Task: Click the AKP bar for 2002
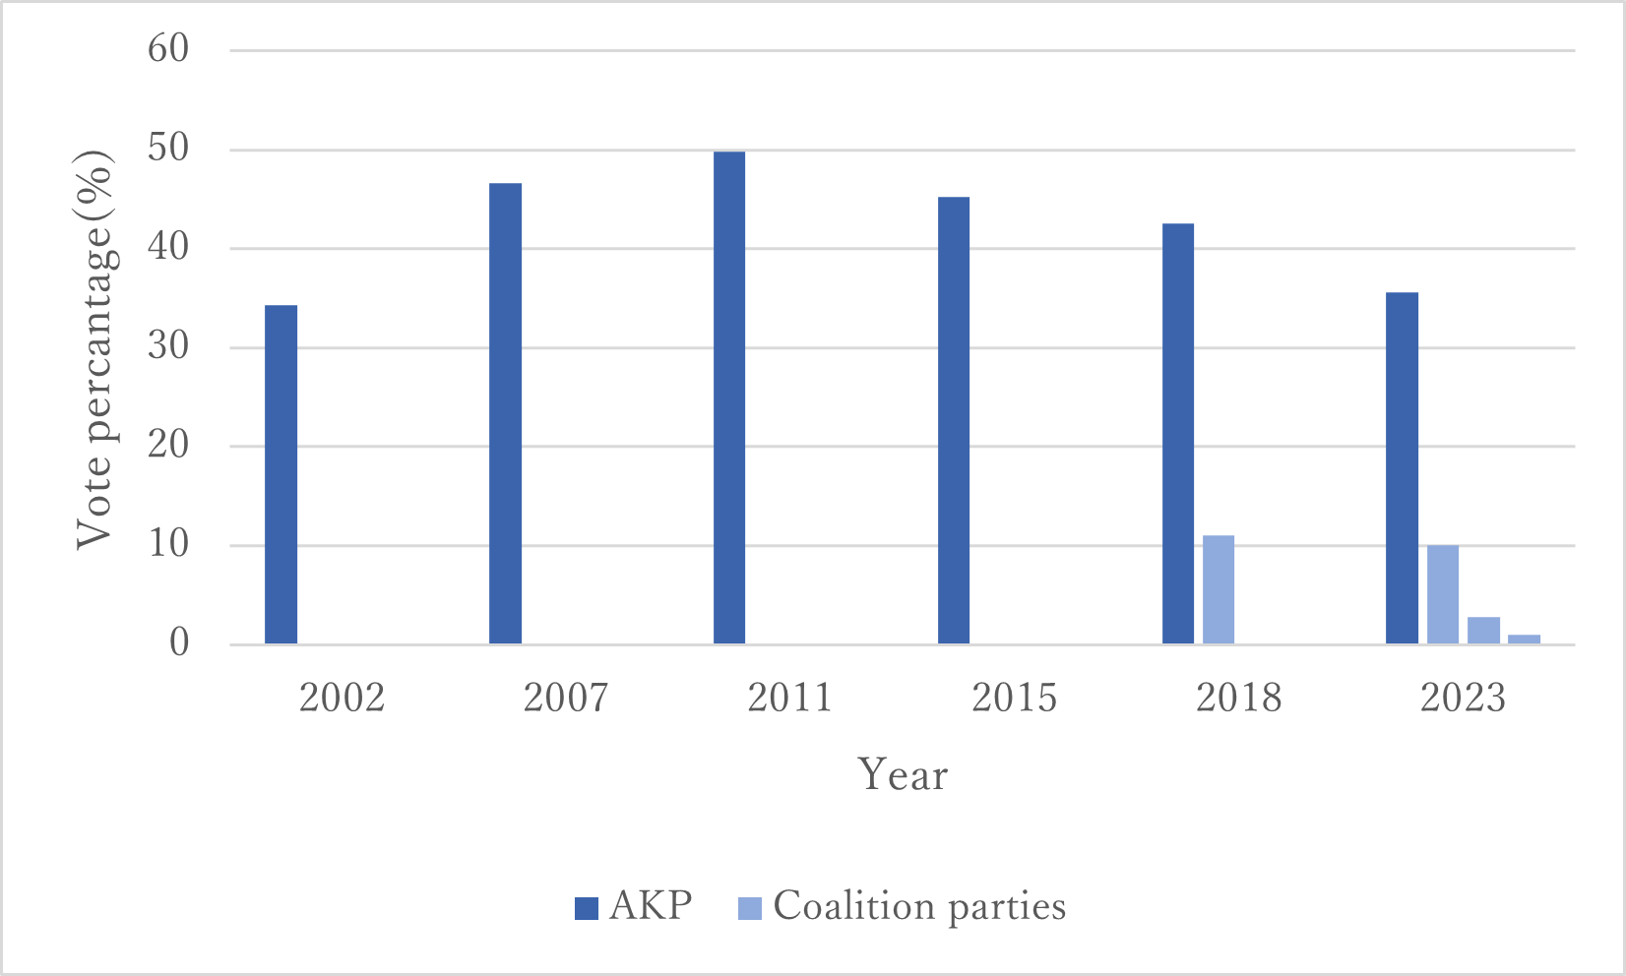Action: [281, 474]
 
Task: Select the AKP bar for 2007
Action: [506, 413]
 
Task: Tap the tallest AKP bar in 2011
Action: [729, 397]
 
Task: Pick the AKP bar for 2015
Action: [954, 420]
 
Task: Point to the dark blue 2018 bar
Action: [1178, 434]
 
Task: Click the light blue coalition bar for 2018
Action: [1219, 589]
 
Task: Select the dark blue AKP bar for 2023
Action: [1403, 468]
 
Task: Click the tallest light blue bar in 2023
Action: [1443, 594]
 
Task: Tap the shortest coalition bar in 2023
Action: [1524, 640]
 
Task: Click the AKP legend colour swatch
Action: [587, 907]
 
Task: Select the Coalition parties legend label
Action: [919, 906]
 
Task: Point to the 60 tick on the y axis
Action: [168, 49]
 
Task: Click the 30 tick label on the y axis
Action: [168, 346]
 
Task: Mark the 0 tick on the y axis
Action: [179, 643]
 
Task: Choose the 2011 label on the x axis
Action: [789, 698]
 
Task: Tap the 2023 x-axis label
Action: [1463, 698]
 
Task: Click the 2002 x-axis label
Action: [342, 698]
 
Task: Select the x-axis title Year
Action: [903, 775]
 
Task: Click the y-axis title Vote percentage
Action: [95, 349]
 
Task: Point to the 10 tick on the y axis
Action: [168, 544]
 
